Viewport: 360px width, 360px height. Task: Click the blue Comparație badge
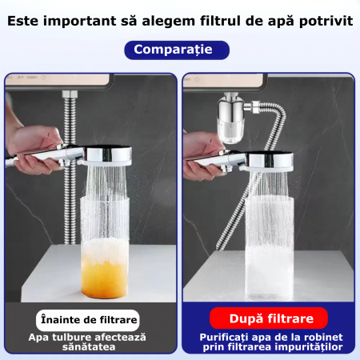pyautogui.click(x=177, y=50)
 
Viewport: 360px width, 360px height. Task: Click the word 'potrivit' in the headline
pyautogui.click(x=326, y=22)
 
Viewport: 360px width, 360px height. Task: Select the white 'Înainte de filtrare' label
pyautogui.click(x=88, y=320)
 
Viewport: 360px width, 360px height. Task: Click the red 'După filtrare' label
pyautogui.click(x=269, y=318)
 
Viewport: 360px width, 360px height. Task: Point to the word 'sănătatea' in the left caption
pyautogui.click(x=89, y=347)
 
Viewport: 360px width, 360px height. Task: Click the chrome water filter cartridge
pyautogui.click(x=231, y=118)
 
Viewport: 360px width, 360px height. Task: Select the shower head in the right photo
pyautogui.click(x=270, y=162)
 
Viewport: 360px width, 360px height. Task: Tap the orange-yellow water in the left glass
pyautogui.click(x=104, y=279)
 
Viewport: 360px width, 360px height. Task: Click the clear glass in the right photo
pyautogui.click(x=270, y=249)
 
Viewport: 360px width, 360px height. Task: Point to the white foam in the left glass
pyautogui.click(x=105, y=250)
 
